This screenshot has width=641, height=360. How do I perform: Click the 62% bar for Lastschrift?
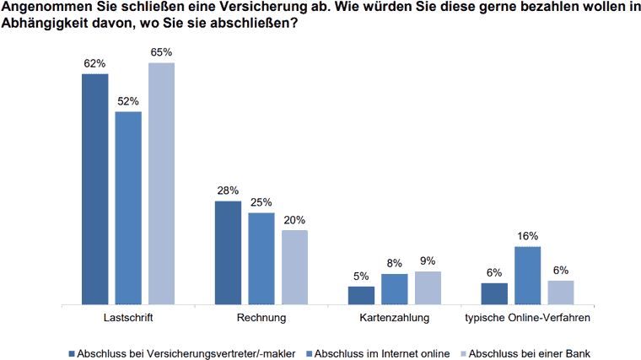[94, 189]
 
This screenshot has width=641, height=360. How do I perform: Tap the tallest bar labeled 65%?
[161, 183]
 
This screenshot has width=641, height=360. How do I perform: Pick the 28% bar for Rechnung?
[228, 252]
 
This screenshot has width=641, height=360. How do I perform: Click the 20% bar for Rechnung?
[294, 266]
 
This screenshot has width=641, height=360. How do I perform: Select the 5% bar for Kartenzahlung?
[361, 295]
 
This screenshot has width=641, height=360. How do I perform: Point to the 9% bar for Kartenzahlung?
[428, 287]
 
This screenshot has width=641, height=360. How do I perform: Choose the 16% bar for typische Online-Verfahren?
[528, 275]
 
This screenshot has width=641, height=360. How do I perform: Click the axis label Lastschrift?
[127, 319]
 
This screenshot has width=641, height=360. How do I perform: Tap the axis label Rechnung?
[261, 319]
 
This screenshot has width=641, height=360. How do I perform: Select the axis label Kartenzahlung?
[395, 319]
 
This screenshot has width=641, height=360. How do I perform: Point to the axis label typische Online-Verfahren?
[528, 319]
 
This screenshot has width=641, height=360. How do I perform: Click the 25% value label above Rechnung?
[261, 202]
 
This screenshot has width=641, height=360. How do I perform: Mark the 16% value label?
[528, 236]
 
